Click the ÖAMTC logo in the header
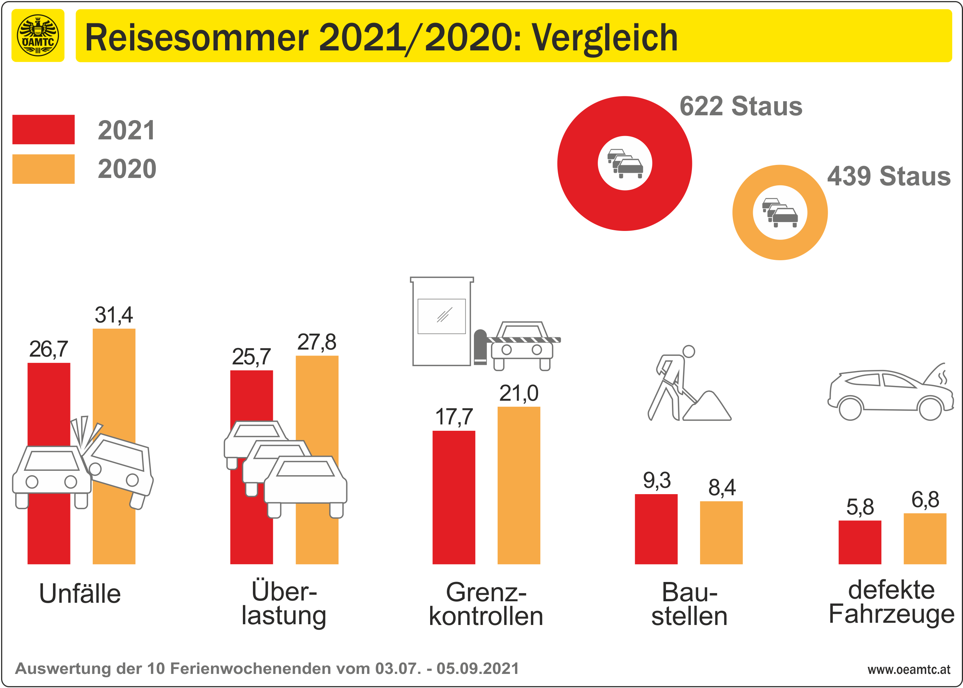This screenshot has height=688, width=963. point(38,36)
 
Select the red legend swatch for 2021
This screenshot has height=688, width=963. point(43,129)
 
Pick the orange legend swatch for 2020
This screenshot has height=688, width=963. point(43,169)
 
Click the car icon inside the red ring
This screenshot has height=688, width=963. point(625,163)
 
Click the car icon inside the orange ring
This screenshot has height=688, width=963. point(779,212)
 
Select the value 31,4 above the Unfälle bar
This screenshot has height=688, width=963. point(113,315)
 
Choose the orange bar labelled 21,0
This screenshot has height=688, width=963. point(518,485)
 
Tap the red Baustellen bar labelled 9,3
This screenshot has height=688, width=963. point(656,529)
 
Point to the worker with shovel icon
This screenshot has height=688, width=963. point(674,383)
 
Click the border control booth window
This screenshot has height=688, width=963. point(442,316)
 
